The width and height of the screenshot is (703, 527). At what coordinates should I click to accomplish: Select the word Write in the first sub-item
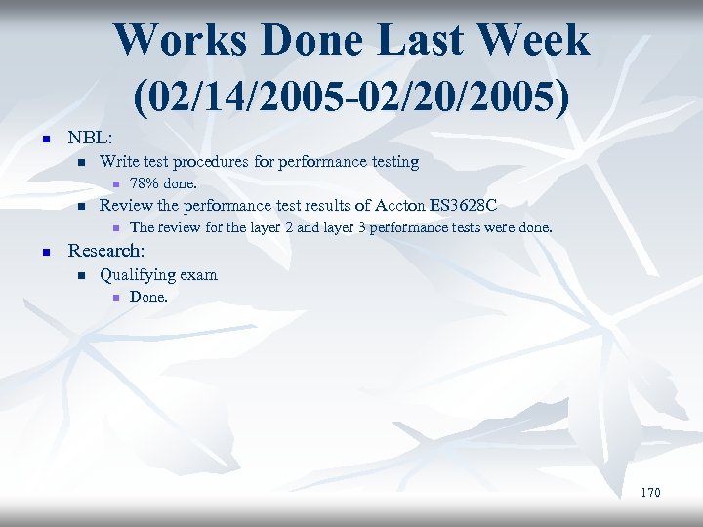pos(119,161)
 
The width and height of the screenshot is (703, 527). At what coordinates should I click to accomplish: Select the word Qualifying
pos(137,274)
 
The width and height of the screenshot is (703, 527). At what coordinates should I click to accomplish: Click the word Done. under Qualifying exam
pos(148,297)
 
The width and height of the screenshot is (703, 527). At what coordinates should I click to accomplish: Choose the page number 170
pos(650,492)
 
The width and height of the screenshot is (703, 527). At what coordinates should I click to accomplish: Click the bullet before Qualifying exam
pos(81,275)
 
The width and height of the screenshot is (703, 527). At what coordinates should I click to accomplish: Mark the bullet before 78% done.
pos(114,184)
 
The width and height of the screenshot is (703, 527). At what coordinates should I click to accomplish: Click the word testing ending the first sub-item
pos(392,161)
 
